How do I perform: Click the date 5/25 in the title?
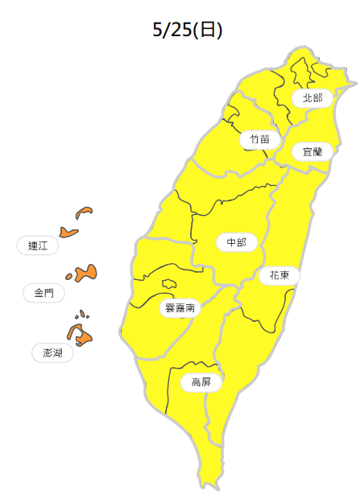[x=171, y=30]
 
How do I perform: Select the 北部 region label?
[x=312, y=98]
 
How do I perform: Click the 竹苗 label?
[x=259, y=139]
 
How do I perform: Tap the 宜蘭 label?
[x=312, y=151]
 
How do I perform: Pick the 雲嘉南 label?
[x=179, y=307]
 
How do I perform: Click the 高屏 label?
[x=201, y=382]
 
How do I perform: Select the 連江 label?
[x=38, y=246]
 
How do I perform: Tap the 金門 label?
[x=43, y=293]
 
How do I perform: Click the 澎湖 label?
[x=52, y=353]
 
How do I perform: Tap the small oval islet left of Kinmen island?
[x=69, y=278]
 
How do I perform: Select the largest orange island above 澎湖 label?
[x=79, y=334]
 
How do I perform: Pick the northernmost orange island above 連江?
[x=84, y=212]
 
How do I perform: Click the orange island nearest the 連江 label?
[x=69, y=233]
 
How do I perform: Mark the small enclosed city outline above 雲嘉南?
[x=169, y=283]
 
